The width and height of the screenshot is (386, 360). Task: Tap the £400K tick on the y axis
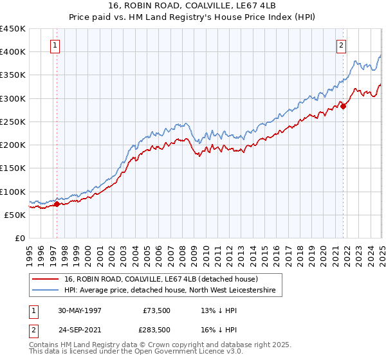(13, 51)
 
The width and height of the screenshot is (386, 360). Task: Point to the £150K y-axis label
(13, 168)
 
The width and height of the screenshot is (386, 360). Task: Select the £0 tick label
(21, 238)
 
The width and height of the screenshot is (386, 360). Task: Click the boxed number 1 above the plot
(56, 46)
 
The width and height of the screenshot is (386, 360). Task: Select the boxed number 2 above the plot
(340, 46)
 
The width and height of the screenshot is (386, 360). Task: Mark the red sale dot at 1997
(57, 204)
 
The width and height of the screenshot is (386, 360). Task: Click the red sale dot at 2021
(343, 106)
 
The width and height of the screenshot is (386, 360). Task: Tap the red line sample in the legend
(46, 279)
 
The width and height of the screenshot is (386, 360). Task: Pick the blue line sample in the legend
(46, 291)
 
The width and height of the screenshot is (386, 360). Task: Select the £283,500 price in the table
(158, 329)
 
